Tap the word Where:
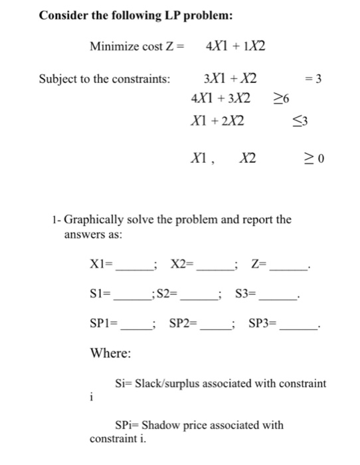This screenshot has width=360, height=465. click(110, 353)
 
